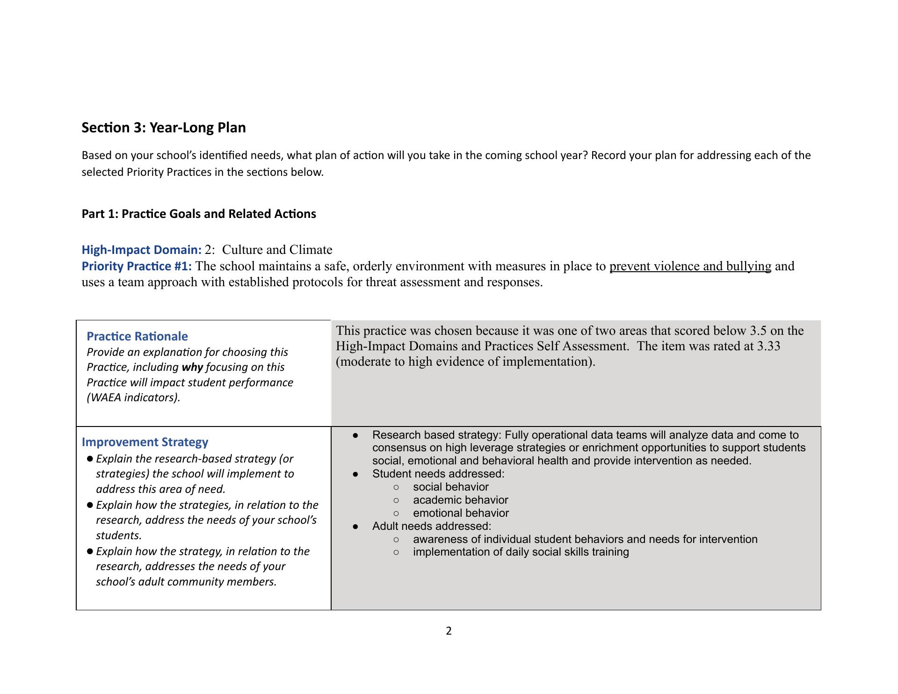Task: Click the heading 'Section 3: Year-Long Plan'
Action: coord(163,128)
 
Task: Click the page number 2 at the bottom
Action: coord(449,631)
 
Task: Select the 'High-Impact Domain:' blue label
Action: coord(141,250)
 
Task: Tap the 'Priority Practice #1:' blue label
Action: coord(137,266)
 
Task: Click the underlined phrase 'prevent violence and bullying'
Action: coord(690,266)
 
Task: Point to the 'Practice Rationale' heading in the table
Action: coord(137,336)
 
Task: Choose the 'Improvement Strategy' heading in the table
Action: coord(145,442)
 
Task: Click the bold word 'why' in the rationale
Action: coord(192,367)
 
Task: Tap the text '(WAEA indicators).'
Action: coord(133,398)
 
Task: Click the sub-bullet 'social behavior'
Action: coord(450,487)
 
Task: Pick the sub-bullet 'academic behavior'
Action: coord(460,500)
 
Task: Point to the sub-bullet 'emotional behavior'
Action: coord(461,513)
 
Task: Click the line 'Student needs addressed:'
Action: coord(438,474)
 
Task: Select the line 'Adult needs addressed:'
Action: coord(431,526)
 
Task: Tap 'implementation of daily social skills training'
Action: coord(521,552)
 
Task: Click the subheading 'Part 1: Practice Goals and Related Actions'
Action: coord(199,214)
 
